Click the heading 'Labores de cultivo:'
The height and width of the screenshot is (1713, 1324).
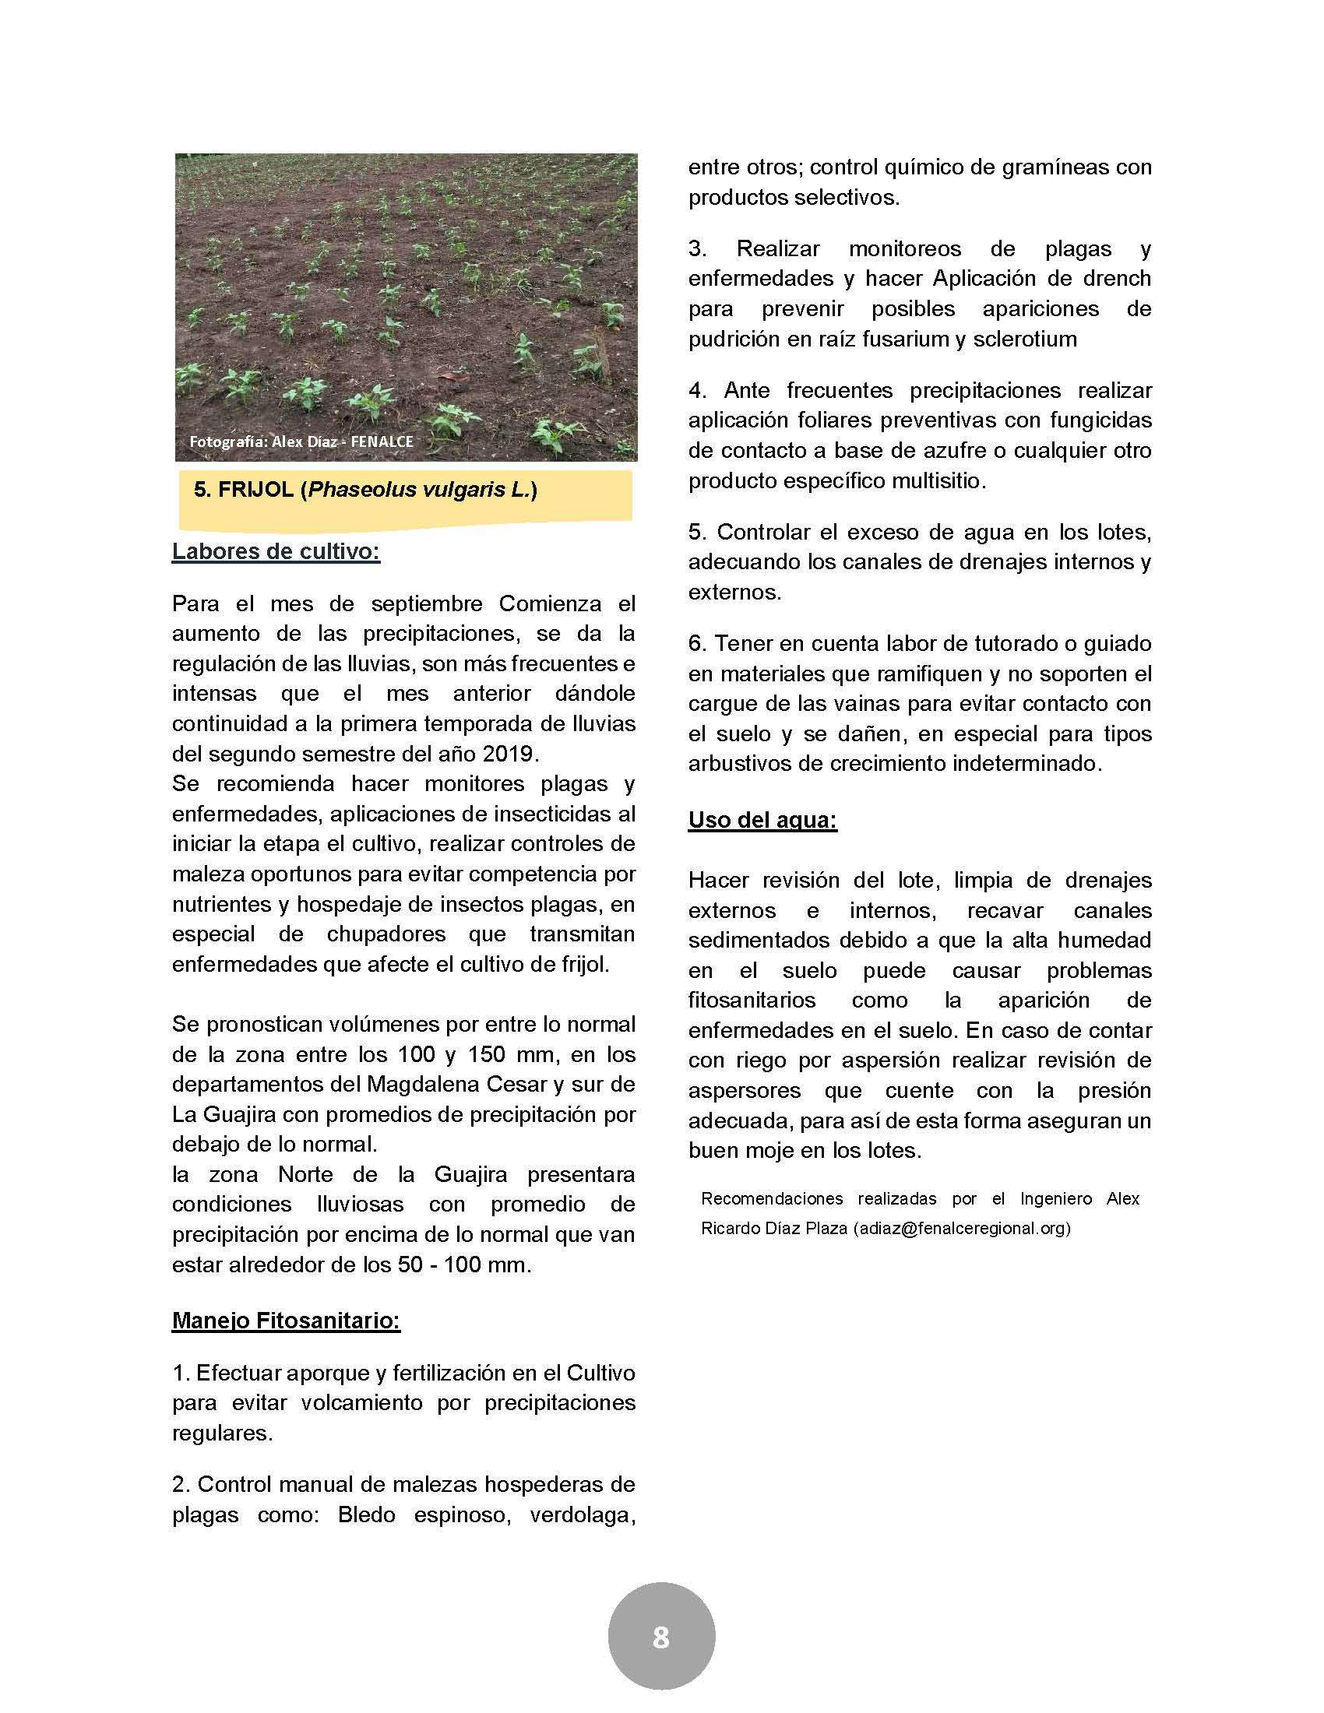coord(276,551)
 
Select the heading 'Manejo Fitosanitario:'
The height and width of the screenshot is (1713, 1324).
coord(287,1321)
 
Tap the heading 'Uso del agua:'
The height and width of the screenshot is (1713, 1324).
coord(762,821)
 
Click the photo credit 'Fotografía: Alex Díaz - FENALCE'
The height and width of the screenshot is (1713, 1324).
coord(301,441)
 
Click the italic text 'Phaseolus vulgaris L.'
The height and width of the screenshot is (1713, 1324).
coord(419,491)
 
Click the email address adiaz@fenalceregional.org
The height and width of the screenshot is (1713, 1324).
coord(962,1228)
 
